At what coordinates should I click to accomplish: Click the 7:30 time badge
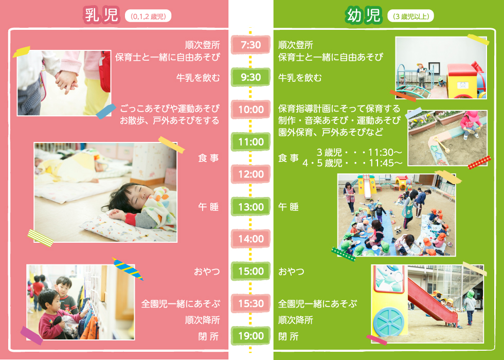tap(251, 45)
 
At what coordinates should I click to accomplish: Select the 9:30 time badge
tap(251, 78)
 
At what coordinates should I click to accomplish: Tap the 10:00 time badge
tap(251, 110)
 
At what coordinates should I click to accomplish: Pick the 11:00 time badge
tap(251, 142)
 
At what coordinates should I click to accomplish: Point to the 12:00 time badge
tap(251, 174)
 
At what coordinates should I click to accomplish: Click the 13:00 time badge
tap(251, 207)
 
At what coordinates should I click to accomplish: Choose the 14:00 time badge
tap(251, 239)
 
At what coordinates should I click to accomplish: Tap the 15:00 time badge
tap(251, 272)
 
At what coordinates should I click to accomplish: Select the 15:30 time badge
tap(251, 304)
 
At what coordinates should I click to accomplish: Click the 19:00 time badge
tap(251, 336)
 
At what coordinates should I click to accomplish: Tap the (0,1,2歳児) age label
tap(148, 16)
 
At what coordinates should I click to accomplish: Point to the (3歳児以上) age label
tap(410, 16)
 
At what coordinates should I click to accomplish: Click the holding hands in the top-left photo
tap(66, 80)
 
